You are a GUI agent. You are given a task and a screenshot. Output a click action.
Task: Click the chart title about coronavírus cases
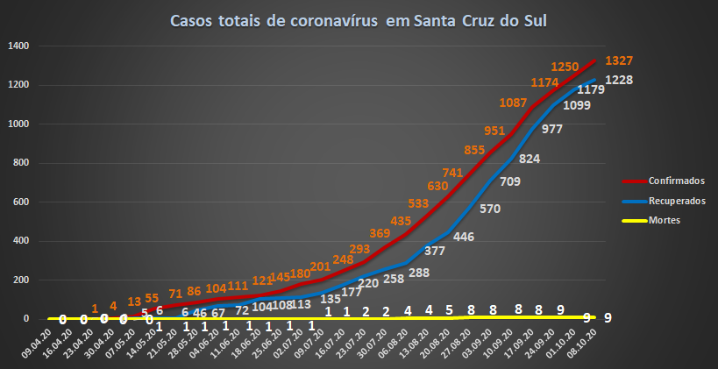coord(359,21)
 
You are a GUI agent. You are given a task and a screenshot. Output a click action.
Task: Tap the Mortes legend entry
coord(665,220)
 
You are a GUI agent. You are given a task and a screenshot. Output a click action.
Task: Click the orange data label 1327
coord(619,60)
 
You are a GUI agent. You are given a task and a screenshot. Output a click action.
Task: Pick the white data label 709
coord(509,182)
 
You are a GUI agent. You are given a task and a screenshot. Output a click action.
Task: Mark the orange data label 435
coord(401,220)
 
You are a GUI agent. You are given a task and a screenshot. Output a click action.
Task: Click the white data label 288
coord(419,273)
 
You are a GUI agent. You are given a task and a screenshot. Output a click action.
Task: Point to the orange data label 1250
coord(565,67)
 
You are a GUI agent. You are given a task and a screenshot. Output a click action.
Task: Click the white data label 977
coord(552,129)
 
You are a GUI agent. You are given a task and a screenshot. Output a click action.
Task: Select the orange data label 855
coord(474,150)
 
